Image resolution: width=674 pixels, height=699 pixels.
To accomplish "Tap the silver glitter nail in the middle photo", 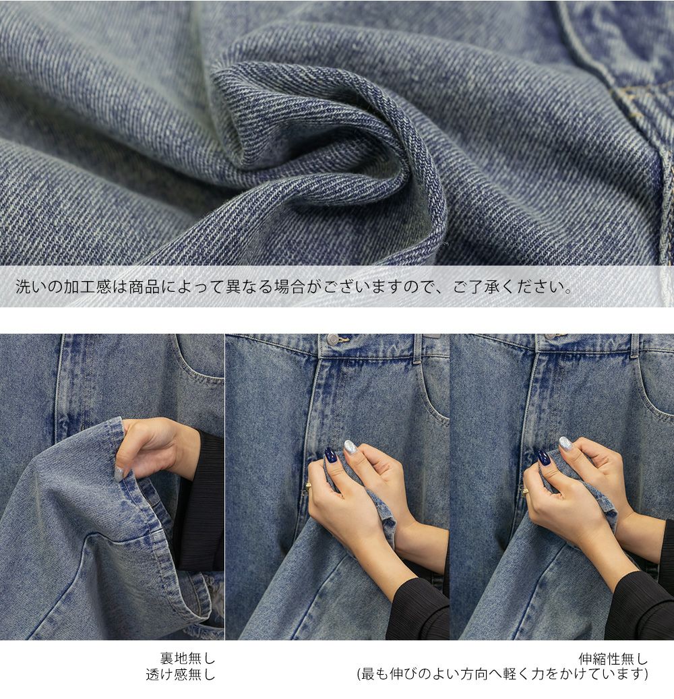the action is [x=350, y=447].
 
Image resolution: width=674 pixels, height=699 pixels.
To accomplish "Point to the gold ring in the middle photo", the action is [x=306, y=490].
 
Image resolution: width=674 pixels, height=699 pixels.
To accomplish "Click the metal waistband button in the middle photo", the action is [x=332, y=339].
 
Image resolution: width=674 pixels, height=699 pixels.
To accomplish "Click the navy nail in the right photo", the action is [x=544, y=458].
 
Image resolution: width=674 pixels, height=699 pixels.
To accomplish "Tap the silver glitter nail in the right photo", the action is [x=565, y=443].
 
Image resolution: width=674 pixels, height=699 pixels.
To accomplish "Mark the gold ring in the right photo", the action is [x=526, y=491].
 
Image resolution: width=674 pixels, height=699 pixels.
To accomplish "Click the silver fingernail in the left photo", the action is [x=119, y=473].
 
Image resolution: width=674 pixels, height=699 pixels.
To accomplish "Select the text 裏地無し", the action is [x=187, y=658].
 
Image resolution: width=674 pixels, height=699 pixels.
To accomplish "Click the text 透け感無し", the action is [x=181, y=675].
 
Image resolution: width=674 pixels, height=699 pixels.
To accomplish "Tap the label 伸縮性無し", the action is [x=613, y=659].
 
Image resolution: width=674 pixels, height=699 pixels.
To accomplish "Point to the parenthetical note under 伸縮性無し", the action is [x=502, y=675].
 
